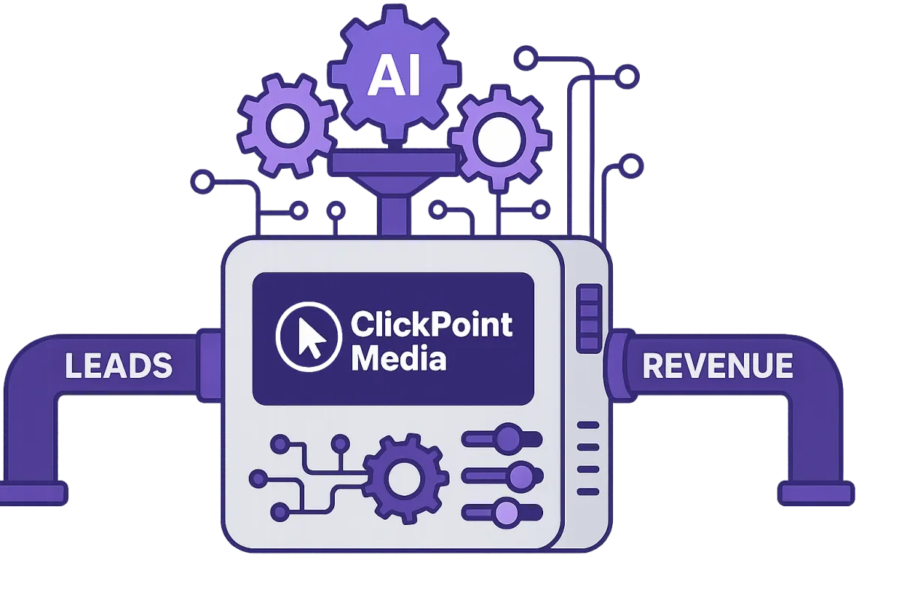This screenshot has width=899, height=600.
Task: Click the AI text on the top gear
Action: (x=395, y=77)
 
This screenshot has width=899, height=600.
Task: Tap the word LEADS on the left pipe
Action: (x=118, y=366)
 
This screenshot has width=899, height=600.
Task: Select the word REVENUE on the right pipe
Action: (x=717, y=366)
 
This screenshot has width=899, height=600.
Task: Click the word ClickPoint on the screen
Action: (x=432, y=325)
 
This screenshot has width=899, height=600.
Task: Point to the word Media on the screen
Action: (x=399, y=358)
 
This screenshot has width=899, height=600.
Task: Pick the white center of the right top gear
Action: (x=492, y=137)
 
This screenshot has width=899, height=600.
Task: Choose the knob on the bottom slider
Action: (x=508, y=512)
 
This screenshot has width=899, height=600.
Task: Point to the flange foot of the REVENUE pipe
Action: (x=815, y=493)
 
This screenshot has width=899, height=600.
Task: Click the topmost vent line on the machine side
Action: (x=589, y=424)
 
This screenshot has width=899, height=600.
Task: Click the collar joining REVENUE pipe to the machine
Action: (x=616, y=366)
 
